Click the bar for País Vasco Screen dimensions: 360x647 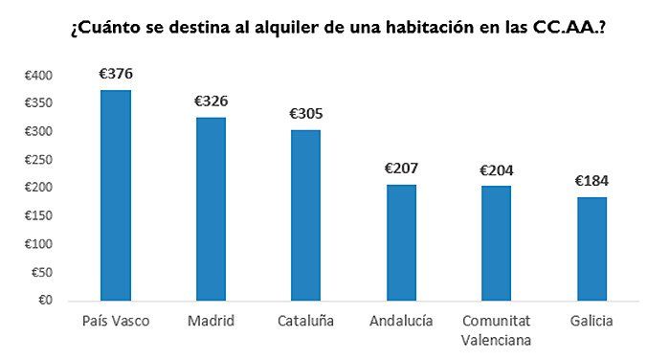pyautogui.click(x=116, y=195)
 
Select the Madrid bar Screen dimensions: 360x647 pyautogui.click(x=211, y=209)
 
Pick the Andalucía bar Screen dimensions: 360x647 pyautogui.click(x=401, y=242)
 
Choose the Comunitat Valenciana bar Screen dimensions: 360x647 pyautogui.click(x=496, y=243)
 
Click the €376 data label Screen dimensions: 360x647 pyautogui.click(x=116, y=73)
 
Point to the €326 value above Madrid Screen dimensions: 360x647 pyautogui.click(x=211, y=101)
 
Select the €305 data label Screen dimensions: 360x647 pyautogui.click(x=305, y=113)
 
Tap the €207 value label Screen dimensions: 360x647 pyautogui.click(x=401, y=168)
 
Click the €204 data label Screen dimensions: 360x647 pyautogui.click(x=496, y=169)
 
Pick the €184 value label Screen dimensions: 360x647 pyautogui.click(x=591, y=180)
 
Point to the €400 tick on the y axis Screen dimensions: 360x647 pyautogui.click(x=39, y=76)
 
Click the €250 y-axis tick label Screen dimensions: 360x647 pyautogui.click(x=39, y=160)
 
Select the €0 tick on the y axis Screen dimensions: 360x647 pyautogui.click(x=45, y=301)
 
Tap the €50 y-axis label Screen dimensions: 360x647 pyautogui.click(x=42, y=273)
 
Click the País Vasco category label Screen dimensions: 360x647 pyautogui.click(x=116, y=321)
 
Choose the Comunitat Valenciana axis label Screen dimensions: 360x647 pyautogui.click(x=496, y=329)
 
